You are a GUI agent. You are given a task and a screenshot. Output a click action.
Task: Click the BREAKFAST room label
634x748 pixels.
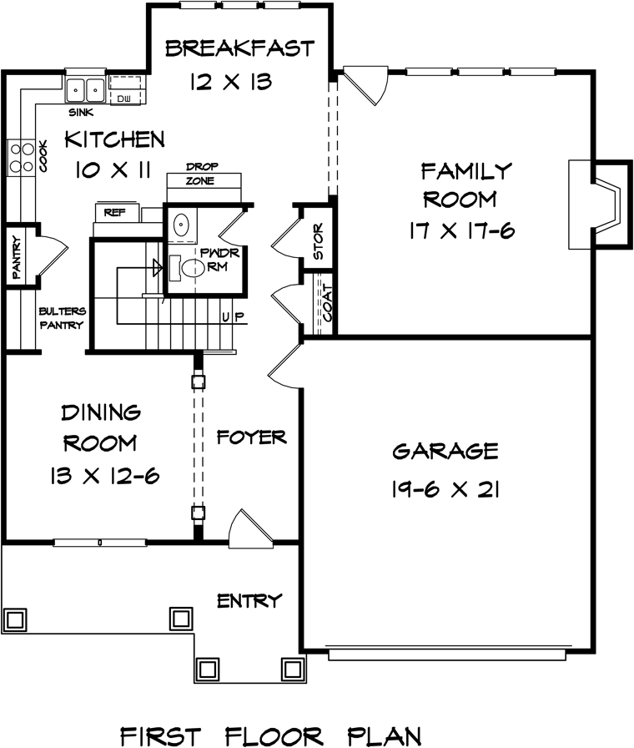coord(239,48)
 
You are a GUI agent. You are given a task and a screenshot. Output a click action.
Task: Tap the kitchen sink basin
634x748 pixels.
coord(85,89)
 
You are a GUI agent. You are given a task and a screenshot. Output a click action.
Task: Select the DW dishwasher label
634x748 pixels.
coord(124,99)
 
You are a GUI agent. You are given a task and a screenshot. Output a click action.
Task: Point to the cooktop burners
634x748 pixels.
coord(22,158)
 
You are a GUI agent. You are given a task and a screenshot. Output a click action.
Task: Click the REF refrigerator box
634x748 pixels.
coord(116,212)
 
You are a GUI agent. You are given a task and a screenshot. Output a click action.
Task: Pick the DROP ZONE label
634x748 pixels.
coord(202,174)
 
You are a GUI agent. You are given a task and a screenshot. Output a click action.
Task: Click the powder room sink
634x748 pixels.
coord(181,225)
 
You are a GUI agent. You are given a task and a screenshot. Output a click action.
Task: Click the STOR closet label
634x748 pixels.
coord(319,241)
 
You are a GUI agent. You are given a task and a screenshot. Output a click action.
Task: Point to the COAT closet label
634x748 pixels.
coord(328,302)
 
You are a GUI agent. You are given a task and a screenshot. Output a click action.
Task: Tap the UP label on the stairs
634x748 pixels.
coord(233,316)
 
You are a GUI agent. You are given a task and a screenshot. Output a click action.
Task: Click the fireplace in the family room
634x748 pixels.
coord(600,205)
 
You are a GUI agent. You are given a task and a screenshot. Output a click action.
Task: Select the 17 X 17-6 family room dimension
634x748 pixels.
coord(462,231)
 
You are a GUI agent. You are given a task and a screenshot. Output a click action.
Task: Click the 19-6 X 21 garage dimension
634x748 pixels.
coord(445,489)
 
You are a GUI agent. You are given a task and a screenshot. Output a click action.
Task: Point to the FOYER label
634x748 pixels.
coord(252,437)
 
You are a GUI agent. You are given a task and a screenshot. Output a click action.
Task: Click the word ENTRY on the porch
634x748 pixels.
coord(249,600)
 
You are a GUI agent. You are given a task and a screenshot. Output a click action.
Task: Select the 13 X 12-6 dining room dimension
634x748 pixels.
coord(104,476)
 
